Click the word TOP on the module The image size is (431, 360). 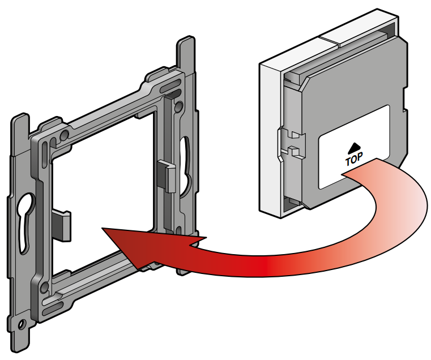pyautogui.click(x=354, y=159)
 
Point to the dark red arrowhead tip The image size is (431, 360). pyautogui.click(x=103, y=228)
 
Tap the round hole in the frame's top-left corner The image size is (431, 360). pyautogui.click(x=65, y=135)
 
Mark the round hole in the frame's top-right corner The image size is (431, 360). pyautogui.click(x=178, y=106)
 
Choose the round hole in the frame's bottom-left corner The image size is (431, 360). pyautogui.click(x=44, y=288)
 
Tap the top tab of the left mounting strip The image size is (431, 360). pyautogui.click(x=20, y=132)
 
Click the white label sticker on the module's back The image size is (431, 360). pyautogui.click(x=354, y=147)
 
